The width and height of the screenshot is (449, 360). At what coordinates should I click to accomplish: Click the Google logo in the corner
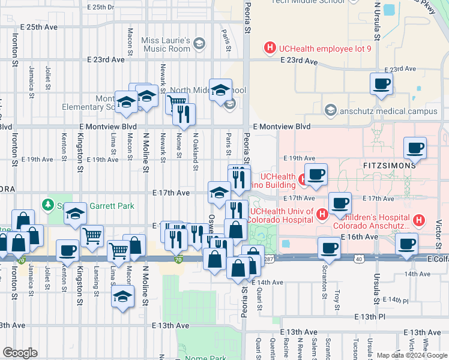coord(20,352)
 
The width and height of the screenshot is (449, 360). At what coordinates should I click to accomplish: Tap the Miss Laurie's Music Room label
coord(165,44)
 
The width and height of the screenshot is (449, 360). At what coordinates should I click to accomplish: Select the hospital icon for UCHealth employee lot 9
coord(270,47)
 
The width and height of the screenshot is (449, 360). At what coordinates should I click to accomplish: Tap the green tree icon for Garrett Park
coord(48,205)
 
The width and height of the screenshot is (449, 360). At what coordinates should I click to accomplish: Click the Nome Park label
coord(205,358)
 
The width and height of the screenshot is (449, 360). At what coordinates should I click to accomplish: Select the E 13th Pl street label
coord(370,316)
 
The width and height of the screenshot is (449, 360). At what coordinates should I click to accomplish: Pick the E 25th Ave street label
coord(38,27)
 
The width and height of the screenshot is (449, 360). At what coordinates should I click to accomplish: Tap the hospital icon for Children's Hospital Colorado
coord(420,221)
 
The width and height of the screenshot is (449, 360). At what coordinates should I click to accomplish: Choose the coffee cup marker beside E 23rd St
coord(381,83)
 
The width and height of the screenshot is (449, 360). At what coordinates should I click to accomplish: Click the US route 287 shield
coord(268,258)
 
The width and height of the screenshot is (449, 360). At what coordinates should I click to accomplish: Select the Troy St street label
coord(337,298)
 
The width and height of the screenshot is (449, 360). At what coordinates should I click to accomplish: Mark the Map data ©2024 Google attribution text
coord(408,355)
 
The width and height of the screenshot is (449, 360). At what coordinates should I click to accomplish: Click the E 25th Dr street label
coord(100,7)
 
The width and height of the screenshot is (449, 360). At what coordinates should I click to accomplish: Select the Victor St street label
coord(439,229)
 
